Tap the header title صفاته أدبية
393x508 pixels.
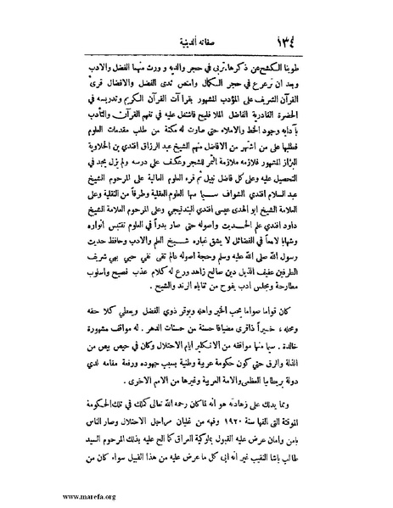195,42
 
